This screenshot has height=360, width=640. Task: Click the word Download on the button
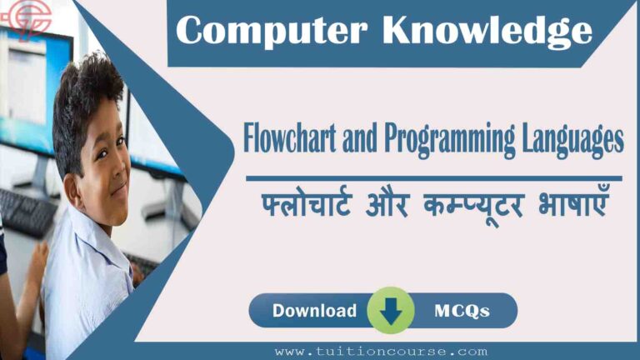click(314, 311)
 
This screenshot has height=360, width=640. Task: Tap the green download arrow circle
click(391, 311)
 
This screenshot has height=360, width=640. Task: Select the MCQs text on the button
click(462, 311)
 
